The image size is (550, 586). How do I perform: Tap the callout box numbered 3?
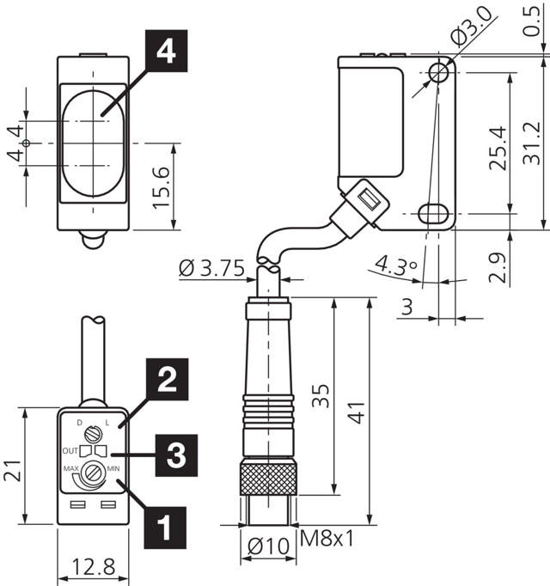(175, 454)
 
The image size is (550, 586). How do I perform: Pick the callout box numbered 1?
(167, 523)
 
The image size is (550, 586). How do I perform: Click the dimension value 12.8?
(93, 568)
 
